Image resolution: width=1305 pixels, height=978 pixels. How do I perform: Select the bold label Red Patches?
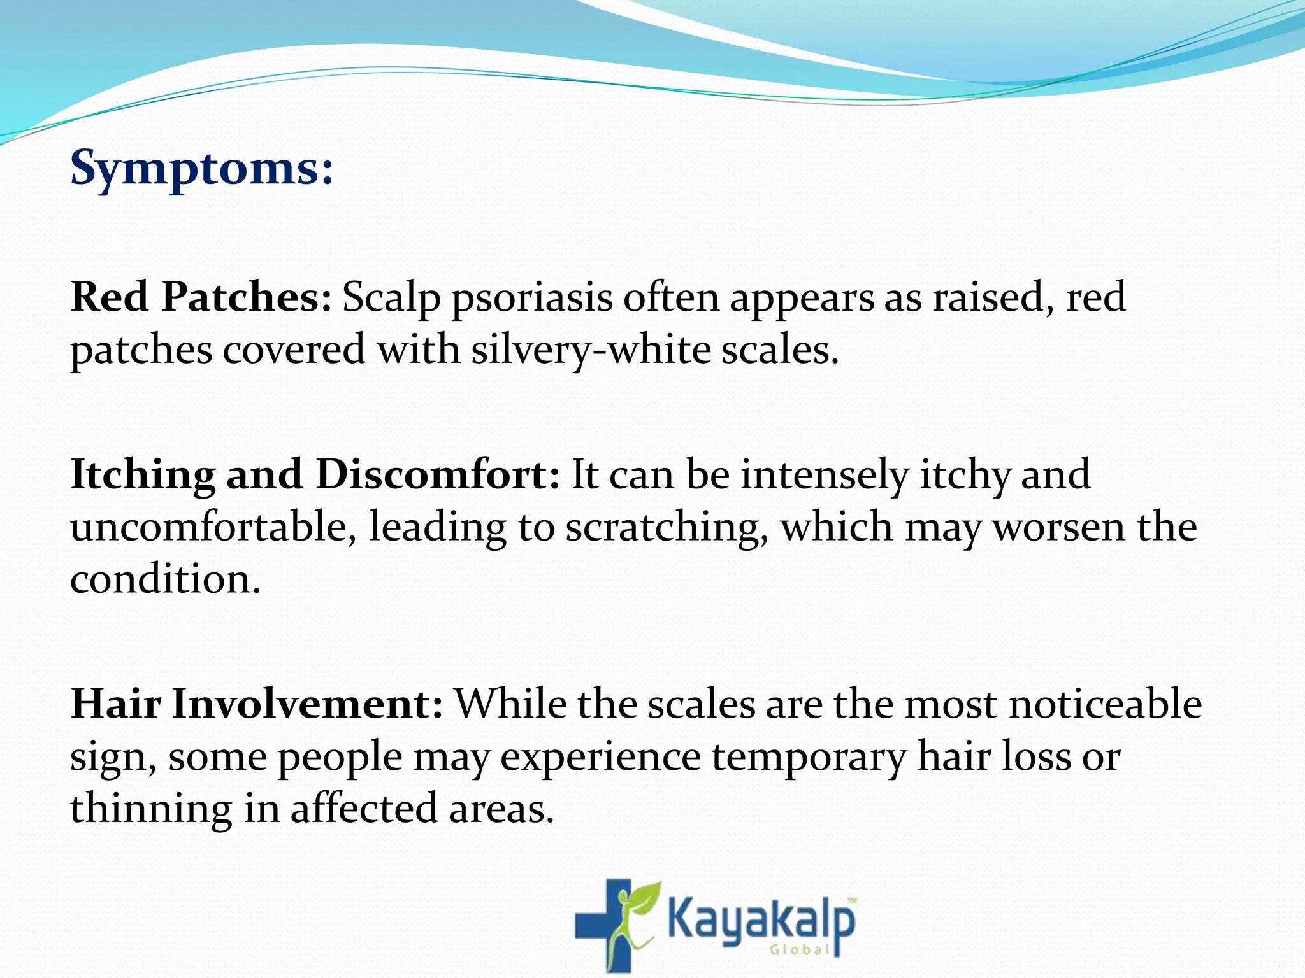(x=201, y=297)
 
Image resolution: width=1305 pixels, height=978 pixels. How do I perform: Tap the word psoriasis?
(x=532, y=299)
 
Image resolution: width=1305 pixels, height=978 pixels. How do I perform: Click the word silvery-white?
(x=589, y=351)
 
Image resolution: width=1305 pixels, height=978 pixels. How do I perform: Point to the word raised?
(x=991, y=298)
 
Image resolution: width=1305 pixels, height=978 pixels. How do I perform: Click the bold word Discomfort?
(x=437, y=474)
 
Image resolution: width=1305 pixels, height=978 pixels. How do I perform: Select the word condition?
(x=165, y=579)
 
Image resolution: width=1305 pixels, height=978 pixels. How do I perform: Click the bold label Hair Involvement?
(x=256, y=704)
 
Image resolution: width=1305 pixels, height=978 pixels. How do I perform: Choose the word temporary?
(x=809, y=758)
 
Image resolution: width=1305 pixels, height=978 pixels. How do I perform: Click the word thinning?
(x=150, y=809)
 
